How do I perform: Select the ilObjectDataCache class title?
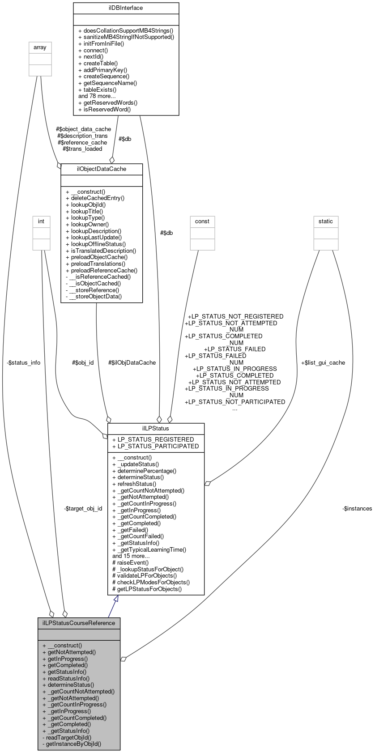[102, 169]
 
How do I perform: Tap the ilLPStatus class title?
[156, 428]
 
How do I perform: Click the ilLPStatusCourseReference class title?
[79, 622]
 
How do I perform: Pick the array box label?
[40, 47]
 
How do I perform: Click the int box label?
[41, 221]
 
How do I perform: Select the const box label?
[202, 221]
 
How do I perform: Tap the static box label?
[326, 221]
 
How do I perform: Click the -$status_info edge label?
[24, 362]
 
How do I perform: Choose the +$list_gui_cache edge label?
[323, 362]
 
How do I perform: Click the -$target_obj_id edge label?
[83, 508]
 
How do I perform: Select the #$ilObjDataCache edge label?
[132, 362]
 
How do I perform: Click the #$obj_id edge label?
[83, 362]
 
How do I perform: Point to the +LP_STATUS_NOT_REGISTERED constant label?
[235, 316]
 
